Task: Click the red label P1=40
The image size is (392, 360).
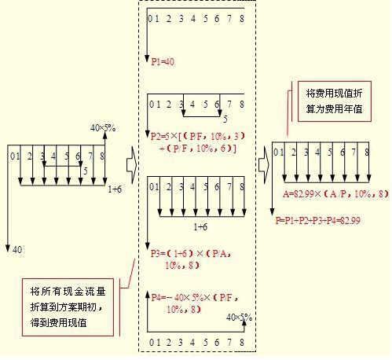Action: (163, 62)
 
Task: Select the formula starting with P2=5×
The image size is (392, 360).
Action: (198, 142)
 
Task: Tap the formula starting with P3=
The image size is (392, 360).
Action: (191, 259)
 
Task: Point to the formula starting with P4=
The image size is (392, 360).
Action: (195, 303)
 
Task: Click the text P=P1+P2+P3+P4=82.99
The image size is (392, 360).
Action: (317, 220)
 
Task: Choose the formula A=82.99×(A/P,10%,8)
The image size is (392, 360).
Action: (335, 194)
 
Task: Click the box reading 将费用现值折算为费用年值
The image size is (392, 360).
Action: (335, 101)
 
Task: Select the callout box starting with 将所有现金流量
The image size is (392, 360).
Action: (68, 307)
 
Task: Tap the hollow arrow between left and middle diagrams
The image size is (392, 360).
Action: (132, 165)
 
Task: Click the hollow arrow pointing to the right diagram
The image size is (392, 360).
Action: (264, 165)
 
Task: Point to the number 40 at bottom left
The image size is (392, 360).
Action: (17, 249)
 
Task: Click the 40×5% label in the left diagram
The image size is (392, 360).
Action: (103, 128)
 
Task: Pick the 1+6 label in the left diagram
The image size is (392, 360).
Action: (115, 189)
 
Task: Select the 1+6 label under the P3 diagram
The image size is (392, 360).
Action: (200, 226)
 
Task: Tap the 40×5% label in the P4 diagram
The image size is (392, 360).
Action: (239, 318)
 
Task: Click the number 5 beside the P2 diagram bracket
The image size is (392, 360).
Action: (225, 119)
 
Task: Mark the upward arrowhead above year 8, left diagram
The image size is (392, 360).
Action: (105, 135)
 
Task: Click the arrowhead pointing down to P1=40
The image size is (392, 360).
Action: (148, 59)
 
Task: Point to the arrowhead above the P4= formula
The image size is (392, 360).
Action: (148, 295)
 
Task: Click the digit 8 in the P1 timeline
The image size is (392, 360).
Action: (242, 19)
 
